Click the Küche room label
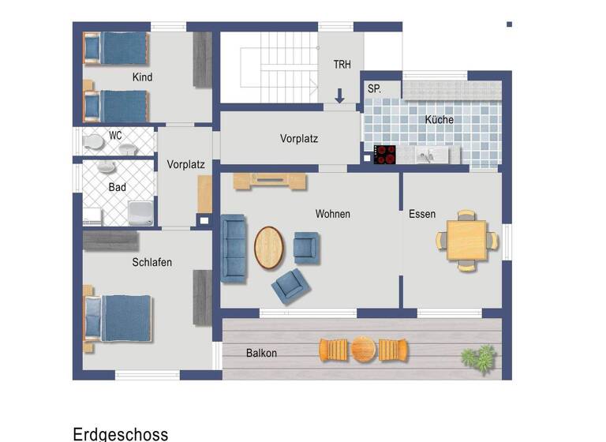(x=440, y=120)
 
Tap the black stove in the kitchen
(x=384, y=155)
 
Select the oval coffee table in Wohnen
(x=270, y=247)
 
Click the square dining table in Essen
(x=467, y=240)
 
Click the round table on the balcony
(x=363, y=349)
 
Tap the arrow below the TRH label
(x=339, y=96)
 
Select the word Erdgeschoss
(x=120, y=433)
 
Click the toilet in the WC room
(x=93, y=142)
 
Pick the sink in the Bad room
(x=106, y=168)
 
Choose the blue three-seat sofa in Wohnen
(x=234, y=249)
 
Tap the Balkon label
(x=261, y=353)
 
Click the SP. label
(x=374, y=90)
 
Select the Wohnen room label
(x=332, y=214)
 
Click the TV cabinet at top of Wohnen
(x=270, y=182)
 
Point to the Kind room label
(x=143, y=77)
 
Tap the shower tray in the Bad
(x=141, y=212)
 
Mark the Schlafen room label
(x=152, y=262)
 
